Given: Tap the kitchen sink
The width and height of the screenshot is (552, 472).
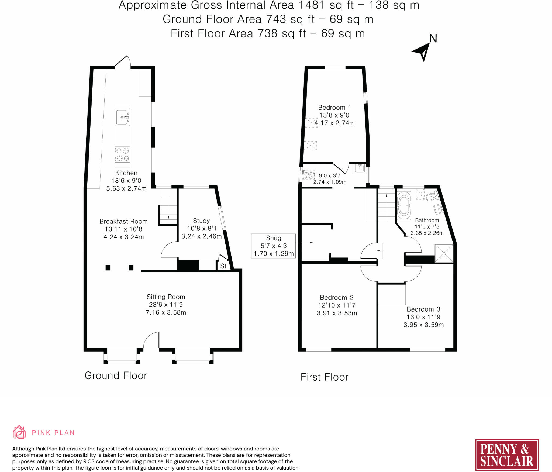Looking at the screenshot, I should pyautogui.click(x=122, y=117).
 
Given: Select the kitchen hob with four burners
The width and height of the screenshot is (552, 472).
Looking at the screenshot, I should pyautogui.click(x=122, y=154).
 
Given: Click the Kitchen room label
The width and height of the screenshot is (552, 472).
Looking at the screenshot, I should pyautogui.click(x=126, y=173).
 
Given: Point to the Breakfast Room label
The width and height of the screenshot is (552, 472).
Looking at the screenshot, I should pyautogui.click(x=123, y=222).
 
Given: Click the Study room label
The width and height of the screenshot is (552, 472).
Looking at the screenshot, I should pyautogui.click(x=201, y=221).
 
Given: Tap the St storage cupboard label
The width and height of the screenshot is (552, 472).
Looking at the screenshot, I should pyautogui.click(x=223, y=266).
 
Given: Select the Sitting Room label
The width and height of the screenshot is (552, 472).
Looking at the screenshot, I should pyautogui.click(x=166, y=297).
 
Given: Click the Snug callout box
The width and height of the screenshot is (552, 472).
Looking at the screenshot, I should pyautogui.click(x=273, y=246).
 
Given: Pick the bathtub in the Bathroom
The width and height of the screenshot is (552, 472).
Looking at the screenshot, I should pyautogui.click(x=404, y=205).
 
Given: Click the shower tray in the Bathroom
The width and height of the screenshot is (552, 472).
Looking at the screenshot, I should pyautogui.click(x=444, y=253).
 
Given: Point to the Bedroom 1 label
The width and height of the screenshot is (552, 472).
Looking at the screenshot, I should pyautogui.click(x=334, y=108).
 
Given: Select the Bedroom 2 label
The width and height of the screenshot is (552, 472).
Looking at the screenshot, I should pyautogui.click(x=337, y=298).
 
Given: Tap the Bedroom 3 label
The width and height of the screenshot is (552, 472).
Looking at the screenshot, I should pyautogui.click(x=423, y=309).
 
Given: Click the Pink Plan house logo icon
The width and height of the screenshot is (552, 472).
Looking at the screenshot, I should pyautogui.click(x=19, y=432).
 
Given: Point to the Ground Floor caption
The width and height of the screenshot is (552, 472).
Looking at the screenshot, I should pyautogui.click(x=116, y=376).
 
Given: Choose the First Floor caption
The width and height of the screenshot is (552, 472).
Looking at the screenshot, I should pyautogui.click(x=324, y=377).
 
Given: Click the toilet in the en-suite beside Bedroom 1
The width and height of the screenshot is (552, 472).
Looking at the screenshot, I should pyautogui.click(x=309, y=175).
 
